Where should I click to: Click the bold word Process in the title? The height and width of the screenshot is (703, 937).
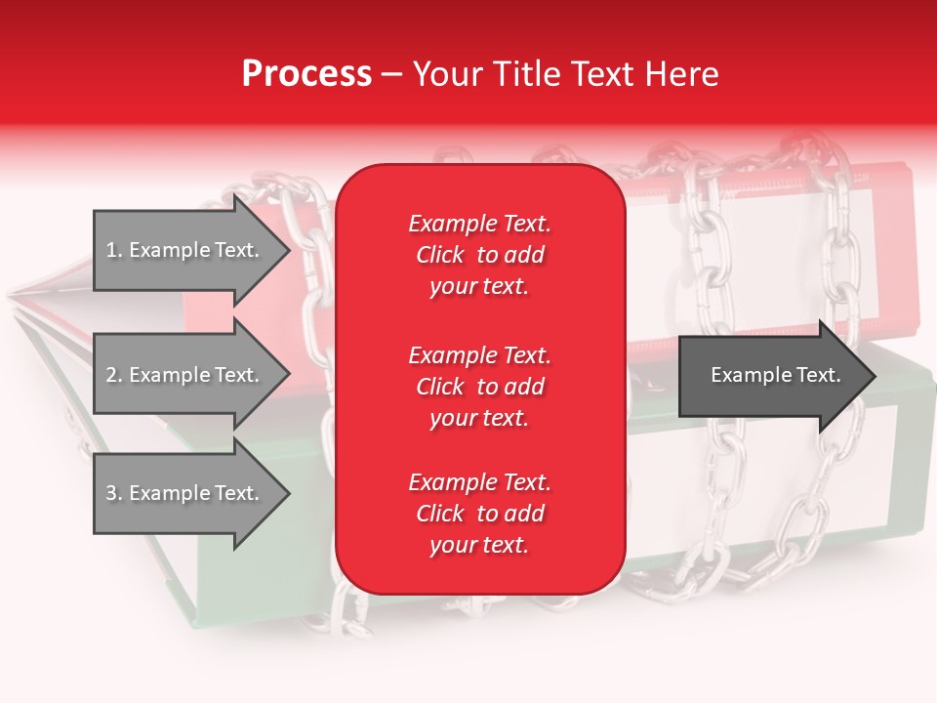(306, 74)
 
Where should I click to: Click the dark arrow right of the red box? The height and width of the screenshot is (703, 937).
(771, 376)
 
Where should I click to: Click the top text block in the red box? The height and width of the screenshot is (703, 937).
(479, 255)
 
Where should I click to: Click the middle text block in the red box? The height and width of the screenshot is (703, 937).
(479, 387)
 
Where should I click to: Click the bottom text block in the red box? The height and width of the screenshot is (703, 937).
(479, 514)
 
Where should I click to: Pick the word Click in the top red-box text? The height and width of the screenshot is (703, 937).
(440, 255)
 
